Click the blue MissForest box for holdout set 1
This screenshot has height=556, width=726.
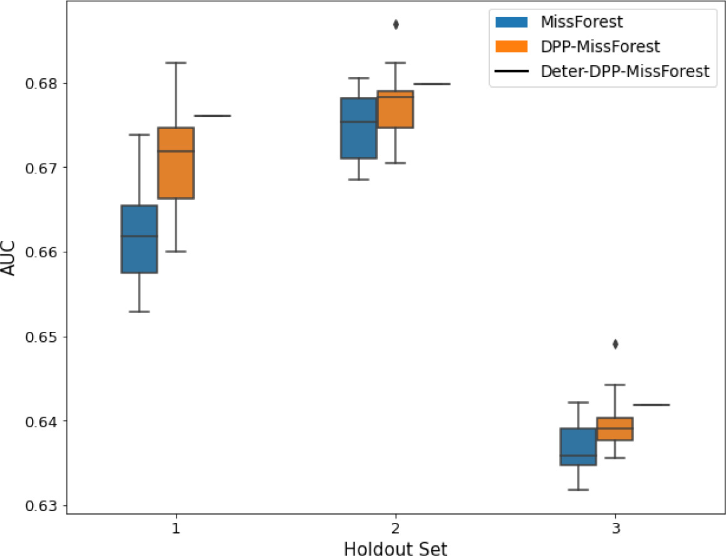point(139,239)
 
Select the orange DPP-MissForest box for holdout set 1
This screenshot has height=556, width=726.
point(176,163)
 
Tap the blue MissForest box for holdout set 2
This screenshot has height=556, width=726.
point(358,128)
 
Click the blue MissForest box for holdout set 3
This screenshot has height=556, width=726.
point(578,446)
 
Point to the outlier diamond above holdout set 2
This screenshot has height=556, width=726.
point(395,24)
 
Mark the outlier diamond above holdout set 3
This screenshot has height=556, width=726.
point(615,344)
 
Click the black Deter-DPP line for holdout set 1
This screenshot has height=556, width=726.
point(213,116)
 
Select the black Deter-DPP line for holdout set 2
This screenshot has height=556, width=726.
point(432,84)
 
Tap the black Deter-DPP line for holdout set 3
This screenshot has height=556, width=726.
point(651,405)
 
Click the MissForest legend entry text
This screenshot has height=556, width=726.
point(583,22)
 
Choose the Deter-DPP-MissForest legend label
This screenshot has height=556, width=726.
point(624,71)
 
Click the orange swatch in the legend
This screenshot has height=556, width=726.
point(512,47)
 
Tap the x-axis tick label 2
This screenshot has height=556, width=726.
point(395,529)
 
